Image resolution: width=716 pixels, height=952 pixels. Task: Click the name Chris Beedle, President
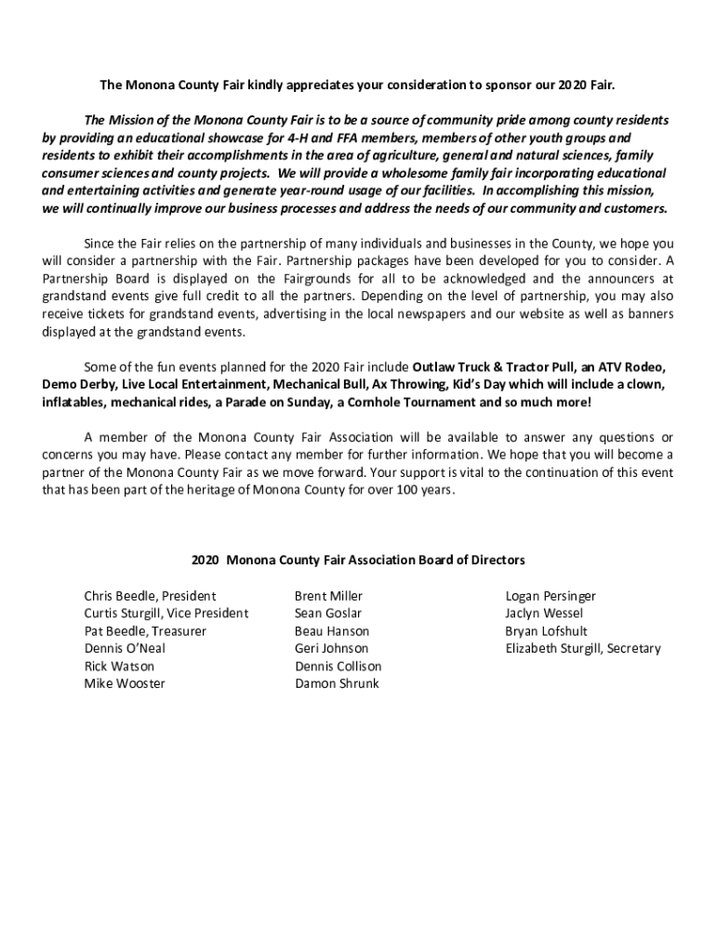pos(150,596)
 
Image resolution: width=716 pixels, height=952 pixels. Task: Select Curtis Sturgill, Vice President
pos(166,614)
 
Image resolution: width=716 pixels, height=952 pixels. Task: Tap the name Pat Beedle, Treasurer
pos(145,631)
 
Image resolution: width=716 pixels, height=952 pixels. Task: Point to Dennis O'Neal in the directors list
pos(125,649)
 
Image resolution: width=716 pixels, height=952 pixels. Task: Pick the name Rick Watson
pos(119,667)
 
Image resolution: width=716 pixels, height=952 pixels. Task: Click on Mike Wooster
pos(125,684)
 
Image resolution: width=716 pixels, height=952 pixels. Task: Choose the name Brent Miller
pos(328,596)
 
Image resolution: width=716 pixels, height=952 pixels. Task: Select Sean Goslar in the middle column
pos(328,614)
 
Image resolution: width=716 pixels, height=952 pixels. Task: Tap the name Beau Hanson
pos(332,631)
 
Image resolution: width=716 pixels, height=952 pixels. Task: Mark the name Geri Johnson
pos(332,649)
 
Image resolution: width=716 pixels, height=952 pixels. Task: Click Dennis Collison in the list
pos(338,667)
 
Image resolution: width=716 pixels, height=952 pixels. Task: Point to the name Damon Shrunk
pos(337,684)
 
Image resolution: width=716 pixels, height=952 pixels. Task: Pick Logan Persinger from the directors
pos(550,596)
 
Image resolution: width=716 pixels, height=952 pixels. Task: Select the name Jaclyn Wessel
pos(545,614)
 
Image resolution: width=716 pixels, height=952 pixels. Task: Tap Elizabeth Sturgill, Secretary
pos(583,649)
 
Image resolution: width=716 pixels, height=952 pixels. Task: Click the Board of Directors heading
pos(358,561)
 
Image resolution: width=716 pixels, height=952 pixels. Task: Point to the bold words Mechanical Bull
pos(346,384)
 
